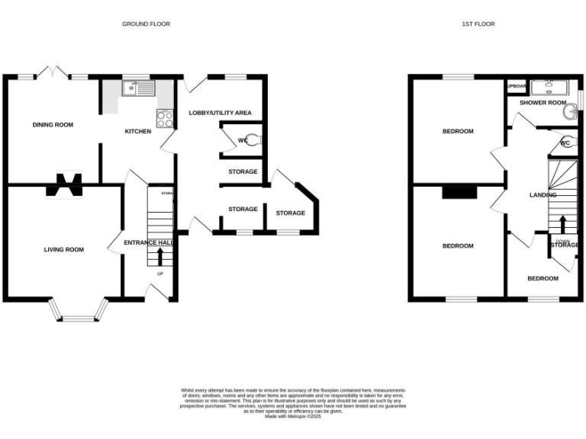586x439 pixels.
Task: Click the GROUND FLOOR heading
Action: pos(146,24)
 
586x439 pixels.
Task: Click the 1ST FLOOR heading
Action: pos(478,24)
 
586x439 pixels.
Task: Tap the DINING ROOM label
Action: pos(53,124)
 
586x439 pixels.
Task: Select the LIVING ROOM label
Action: pos(63,249)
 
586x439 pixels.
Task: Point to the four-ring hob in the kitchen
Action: pos(166,118)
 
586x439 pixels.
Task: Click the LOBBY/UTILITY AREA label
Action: pos(221,113)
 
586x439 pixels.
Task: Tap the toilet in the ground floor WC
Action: pos(255,139)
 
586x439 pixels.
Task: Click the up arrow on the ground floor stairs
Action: pos(160,255)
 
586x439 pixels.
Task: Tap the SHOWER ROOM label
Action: pos(543,102)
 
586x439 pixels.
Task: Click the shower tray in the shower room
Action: pos(549,86)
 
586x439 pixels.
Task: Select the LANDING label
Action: pos(543,195)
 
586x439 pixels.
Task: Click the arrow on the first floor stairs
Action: pos(563,224)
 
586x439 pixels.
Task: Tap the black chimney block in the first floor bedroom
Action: pos(459,192)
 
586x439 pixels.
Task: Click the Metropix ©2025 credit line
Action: pos(292,416)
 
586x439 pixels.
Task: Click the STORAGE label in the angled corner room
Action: pos(290,213)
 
